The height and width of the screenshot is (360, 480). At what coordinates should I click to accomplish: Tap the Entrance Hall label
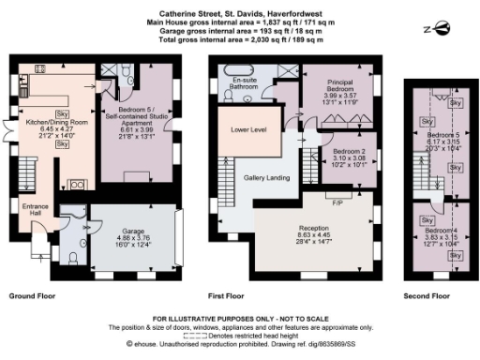point(24,211)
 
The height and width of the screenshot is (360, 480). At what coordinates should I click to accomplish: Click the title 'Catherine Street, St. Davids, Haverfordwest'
point(239,7)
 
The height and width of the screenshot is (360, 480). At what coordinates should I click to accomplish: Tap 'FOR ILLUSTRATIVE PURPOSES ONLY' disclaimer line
point(239,320)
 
